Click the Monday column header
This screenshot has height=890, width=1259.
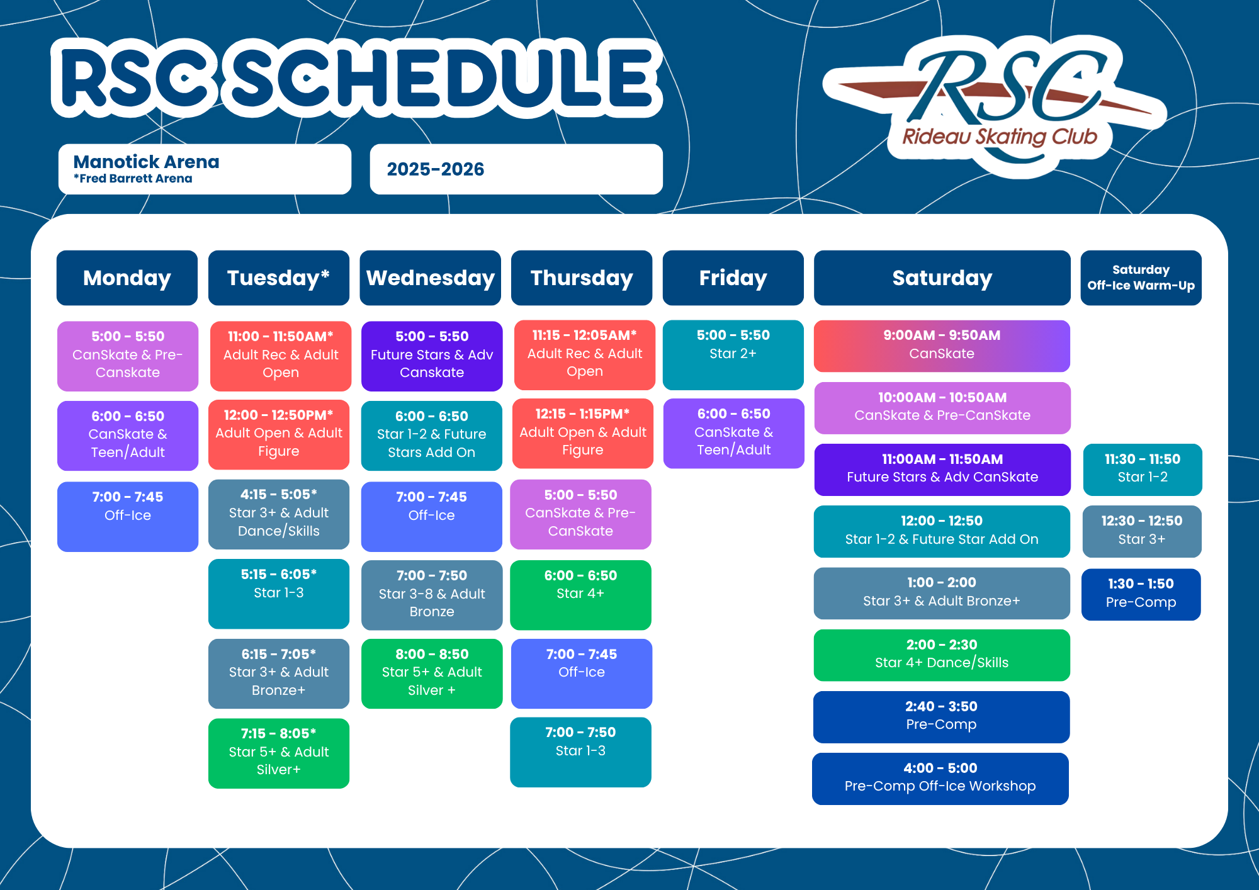(x=127, y=278)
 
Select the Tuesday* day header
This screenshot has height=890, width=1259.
(x=279, y=278)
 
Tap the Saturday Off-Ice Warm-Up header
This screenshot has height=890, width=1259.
(x=1141, y=278)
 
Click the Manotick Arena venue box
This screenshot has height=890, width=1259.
(x=205, y=169)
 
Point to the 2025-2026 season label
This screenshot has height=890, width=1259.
(x=436, y=169)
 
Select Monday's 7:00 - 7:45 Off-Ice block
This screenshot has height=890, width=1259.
(x=128, y=517)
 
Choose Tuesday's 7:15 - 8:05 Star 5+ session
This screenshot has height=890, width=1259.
(x=279, y=753)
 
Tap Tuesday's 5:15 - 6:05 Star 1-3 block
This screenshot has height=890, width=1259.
(x=279, y=594)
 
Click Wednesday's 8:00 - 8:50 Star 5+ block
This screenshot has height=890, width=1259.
(x=432, y=673)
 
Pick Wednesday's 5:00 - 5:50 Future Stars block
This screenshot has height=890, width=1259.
(x=432, y=356)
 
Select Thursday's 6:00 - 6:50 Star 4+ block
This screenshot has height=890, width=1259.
(x=580, y=595)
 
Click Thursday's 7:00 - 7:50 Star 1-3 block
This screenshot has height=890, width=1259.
(x=580, y=752)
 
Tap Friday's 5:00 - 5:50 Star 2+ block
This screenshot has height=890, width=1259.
(x=733, y=355)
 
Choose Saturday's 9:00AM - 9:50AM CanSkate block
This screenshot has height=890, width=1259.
(x=942, y=346)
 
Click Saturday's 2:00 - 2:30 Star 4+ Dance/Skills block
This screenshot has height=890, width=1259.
(x=942, y=655)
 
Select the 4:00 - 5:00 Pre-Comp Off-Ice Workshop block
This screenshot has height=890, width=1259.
(x=940, y=779)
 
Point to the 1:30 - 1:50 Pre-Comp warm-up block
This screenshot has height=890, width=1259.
(x=1141, y=595)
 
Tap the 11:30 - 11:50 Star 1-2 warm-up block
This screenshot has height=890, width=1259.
(x=1143, y=470)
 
